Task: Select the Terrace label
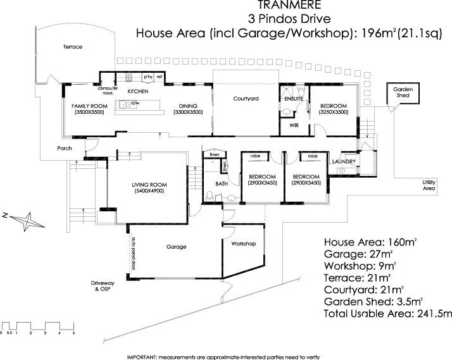pos(73,47)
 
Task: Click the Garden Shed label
pos(403,92)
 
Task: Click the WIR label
pos(294,125)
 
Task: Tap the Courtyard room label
pos(244,99)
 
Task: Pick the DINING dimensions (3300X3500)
pos(188,112)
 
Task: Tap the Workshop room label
pos(243,243)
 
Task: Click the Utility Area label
pos(429,185)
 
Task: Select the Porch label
pos(64,149)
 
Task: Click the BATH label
pos(221,184)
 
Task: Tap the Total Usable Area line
pos(387,313)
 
